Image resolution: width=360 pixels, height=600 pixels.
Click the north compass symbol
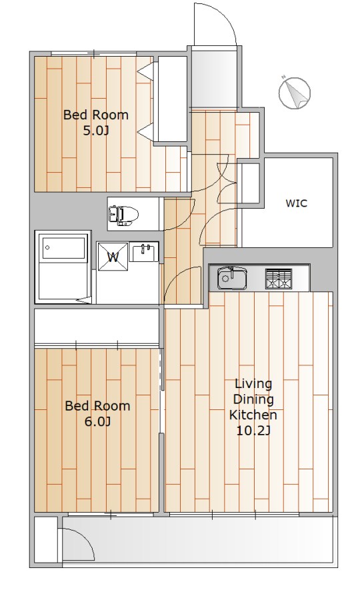click(x=294, y=92)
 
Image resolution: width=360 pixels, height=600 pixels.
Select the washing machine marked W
click(x=113, y=257)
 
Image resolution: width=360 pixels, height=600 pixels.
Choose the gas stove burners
click(x=279, y=279)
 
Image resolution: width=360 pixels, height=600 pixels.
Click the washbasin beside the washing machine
click(x=144, y=253)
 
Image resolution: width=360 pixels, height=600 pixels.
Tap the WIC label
click(x=297, y=203)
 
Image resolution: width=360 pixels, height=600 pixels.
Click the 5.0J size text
click(x=96, y=131)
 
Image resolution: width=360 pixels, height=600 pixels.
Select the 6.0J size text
click(x=97, y=422)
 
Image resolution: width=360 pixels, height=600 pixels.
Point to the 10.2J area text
click(x=253, y=431)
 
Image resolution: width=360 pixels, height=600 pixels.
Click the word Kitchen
click(x=253, y=415)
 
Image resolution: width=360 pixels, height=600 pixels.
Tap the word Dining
click(x=253, y=399)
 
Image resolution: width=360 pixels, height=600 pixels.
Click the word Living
click(x=253, y=383)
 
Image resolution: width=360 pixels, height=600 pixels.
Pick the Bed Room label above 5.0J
click(x=95, y=115)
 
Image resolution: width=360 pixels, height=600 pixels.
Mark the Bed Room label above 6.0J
click(x=97, y=405)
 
